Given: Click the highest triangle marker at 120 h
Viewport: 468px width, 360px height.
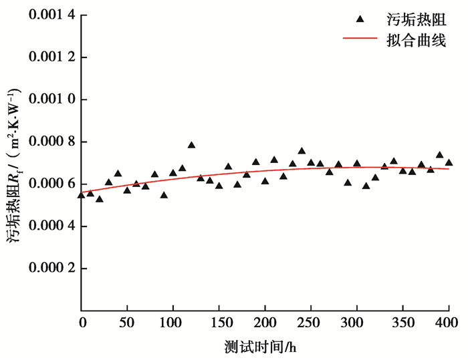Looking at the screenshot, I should (x=191, y=145).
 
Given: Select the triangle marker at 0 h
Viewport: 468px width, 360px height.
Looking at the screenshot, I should (x=82, y=195).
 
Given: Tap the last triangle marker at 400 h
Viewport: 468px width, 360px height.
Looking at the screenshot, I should (x=449, y=162).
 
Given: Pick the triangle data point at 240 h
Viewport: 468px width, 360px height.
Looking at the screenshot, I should (x=302, y=151).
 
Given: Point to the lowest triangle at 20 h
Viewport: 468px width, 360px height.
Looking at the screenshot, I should (x=100, y=199).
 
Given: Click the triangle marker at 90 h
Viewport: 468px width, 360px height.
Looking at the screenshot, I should (x=164, y=195).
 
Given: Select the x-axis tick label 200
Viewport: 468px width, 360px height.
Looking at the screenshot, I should (x=265, y=324).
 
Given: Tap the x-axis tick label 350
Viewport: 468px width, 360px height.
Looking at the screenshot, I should (x=402, y=324).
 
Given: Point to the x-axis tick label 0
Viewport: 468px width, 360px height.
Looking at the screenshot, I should (x=82, y=324).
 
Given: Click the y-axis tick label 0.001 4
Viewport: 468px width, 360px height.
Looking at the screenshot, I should (x=46, y=15).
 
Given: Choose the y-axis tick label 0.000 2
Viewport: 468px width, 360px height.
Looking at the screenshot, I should (x=46, y=268).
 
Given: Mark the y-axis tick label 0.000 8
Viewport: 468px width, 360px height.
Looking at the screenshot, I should (x=46, y=142).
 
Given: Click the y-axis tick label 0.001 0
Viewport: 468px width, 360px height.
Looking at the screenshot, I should (x=46, y=100).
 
